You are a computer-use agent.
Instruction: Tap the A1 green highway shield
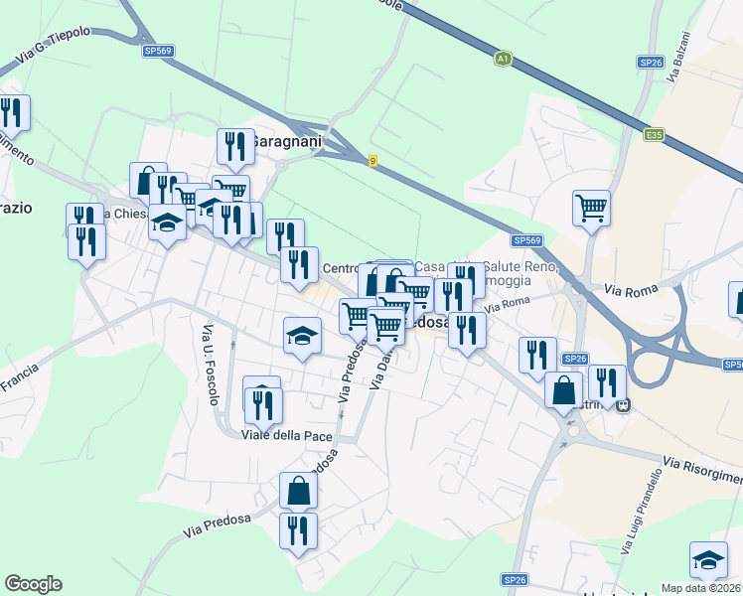coord(504,59)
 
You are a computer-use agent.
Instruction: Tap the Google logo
coord(33,584)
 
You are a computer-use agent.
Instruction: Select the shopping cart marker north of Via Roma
coord(590,208)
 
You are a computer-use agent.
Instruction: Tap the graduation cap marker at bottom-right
coord(708,559)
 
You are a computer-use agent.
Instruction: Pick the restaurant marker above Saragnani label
coord(234,146)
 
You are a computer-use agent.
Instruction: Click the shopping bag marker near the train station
coord(563,389)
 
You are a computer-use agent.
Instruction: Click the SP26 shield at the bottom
coord(514,579)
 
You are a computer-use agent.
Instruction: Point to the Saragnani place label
coord(287,142)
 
